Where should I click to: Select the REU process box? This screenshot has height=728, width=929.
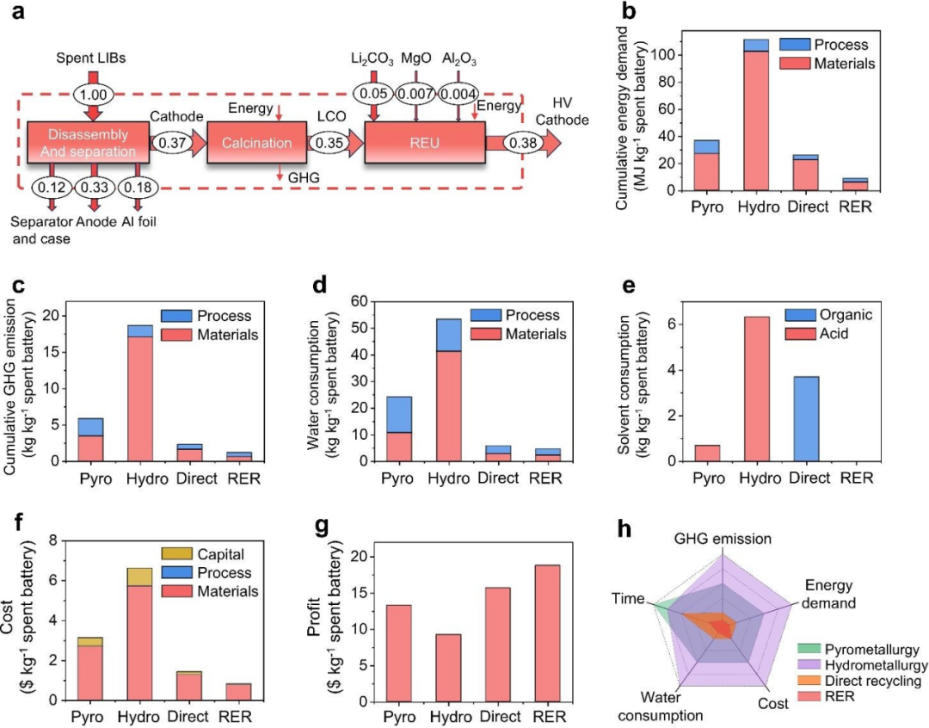click(425, 142)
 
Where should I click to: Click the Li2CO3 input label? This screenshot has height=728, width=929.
click(372, 59)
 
